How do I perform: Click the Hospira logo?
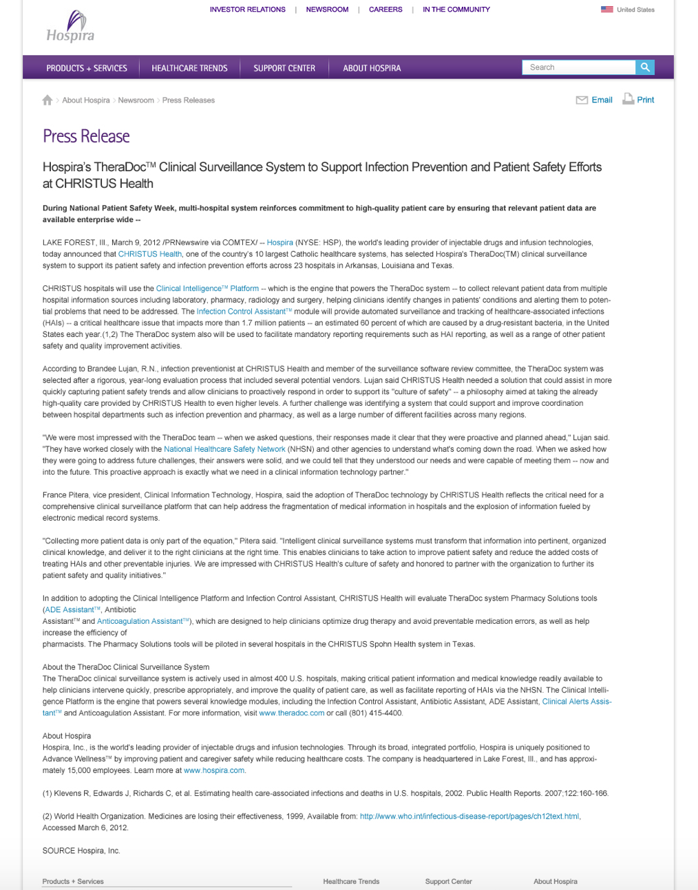coord(70,28)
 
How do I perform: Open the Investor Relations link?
coord(247,10)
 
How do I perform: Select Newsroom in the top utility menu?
coord(327,10)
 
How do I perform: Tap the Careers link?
coord(385,10)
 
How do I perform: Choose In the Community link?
coord(456,10)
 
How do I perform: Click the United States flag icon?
coord(606,10)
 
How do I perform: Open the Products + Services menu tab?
coord(87,68)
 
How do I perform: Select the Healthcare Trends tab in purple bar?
coord(189,68)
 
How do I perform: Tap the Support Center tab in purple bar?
coord(284,68)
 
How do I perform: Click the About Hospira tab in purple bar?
coord(372,68)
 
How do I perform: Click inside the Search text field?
coord(578,67)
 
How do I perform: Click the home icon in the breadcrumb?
coord(47,100)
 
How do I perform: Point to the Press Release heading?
coord(86,136)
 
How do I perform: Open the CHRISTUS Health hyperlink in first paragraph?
coord(150,254)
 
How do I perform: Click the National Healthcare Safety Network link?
coord(224,449)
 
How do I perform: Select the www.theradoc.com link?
coord(291,713)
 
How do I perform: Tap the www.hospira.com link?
coord(214,770)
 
